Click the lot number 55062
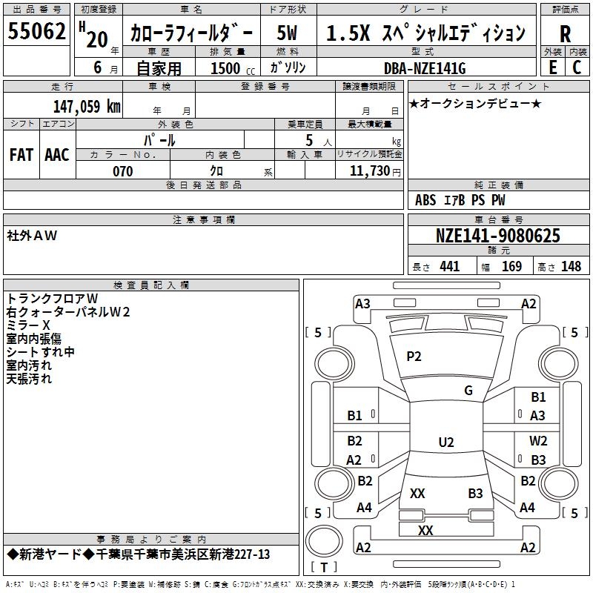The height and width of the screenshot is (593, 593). point(36,30)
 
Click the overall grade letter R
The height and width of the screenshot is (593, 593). point(565,34)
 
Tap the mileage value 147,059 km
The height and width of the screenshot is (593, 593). point(87,106)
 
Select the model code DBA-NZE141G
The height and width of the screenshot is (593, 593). point(425,68)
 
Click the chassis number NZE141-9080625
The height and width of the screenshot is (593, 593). point(497,236)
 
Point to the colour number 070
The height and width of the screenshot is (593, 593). point(123,171)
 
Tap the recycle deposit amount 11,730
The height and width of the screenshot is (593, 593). point(369,171)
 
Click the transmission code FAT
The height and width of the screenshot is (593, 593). point(21,155)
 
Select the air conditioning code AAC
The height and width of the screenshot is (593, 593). point(57,155)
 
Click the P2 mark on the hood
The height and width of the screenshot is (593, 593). point(414,357)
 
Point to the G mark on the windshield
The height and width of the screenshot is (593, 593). point(468,391)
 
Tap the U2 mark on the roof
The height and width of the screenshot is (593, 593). point(446,442)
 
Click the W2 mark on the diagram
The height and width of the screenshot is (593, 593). point(538,440)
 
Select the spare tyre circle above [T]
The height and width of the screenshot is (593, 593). point(324,541)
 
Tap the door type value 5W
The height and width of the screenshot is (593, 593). point(287,33)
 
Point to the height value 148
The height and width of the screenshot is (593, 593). point(571,266)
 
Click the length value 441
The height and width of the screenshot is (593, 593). point(450,266)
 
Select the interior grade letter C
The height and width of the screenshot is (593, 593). point(577,67)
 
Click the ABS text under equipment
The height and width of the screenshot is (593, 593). point(425,200)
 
